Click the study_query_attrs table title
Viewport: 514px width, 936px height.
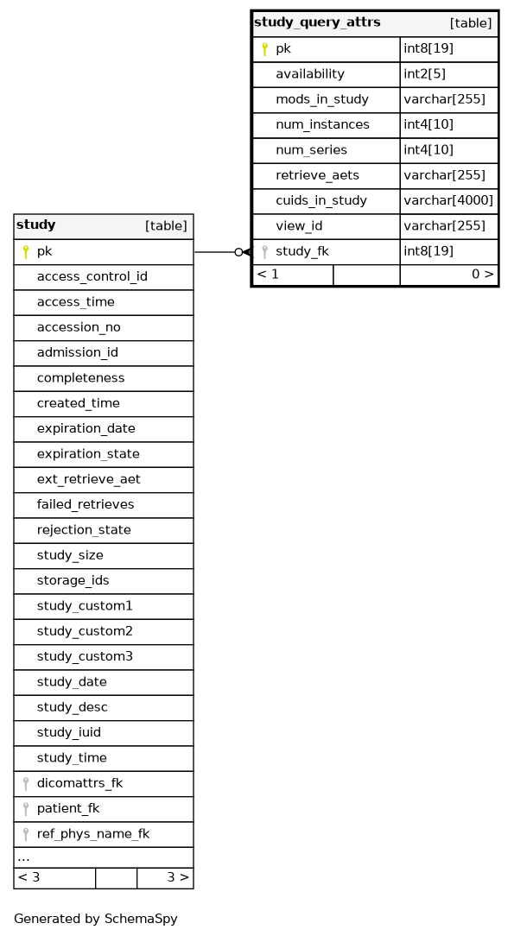point(317,22)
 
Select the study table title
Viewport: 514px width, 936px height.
point(35,225)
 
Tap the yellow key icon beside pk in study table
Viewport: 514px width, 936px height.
point(26,252)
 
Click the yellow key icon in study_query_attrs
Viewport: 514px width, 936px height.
point(264,49)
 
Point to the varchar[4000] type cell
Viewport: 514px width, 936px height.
point(448,200)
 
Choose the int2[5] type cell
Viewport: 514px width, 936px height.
point(448,74)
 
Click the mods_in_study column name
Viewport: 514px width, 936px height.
point(321,99)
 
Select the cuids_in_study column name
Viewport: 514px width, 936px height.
point(321,201)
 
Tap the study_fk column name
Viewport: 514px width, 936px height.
point(302,251)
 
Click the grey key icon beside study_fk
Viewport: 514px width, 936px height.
point(264,252)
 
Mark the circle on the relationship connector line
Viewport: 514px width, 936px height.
point(238,252)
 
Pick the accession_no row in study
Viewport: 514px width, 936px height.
point(104,328)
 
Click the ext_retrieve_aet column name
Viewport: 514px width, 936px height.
point(88,479)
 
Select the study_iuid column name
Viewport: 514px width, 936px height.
point(68,732)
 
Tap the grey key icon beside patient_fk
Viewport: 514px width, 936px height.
point(26,809)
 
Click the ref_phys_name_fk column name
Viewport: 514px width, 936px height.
point(93,834)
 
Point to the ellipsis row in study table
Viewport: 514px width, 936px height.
point(104,857)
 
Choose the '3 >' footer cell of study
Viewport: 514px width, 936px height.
point(165,877)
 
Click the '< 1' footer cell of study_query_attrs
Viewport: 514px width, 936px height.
point(293,275)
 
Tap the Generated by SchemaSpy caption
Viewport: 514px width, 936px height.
point(96,919)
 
